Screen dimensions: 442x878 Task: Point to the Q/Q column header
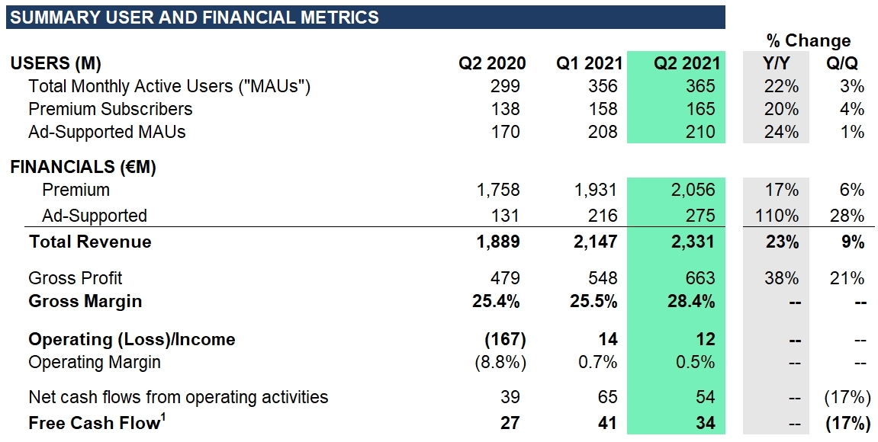(846, 64)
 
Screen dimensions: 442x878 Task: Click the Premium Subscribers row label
(110, 109)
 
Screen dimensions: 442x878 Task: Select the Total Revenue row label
(90, 242)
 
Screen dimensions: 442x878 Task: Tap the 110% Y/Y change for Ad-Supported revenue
(778, 216)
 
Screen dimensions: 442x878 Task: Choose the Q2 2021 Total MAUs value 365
(700, 86)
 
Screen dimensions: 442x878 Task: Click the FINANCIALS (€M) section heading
(83, 168)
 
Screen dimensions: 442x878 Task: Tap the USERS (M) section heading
(56, 64)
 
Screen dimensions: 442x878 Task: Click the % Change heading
(809, 41)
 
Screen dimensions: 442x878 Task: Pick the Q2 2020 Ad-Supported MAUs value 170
(505, 133)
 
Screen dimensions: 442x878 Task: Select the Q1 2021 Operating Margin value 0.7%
(598, 362)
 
